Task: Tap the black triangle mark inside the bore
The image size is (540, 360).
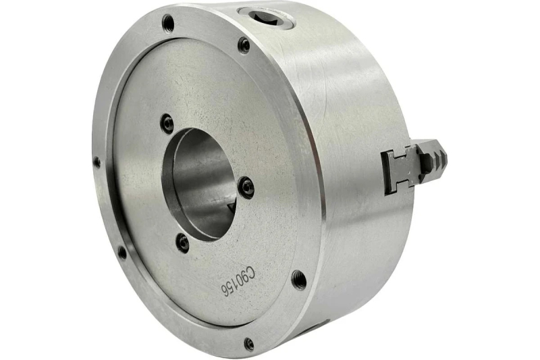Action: [231, 207]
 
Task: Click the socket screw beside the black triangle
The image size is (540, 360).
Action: [246, 188]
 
